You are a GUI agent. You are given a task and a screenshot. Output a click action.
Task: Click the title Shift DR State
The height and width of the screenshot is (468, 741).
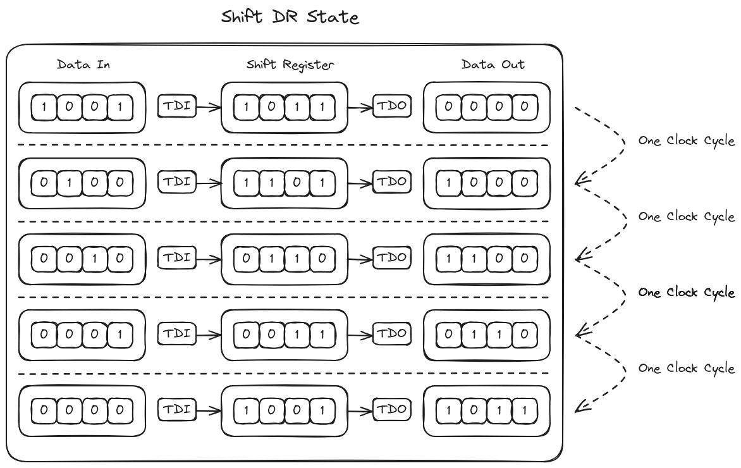[x=290, y=16]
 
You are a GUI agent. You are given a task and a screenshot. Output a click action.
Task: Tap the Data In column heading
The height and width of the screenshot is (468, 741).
[x=83, y=65]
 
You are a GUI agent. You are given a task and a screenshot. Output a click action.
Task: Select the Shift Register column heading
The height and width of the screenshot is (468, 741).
[x=290, y=65]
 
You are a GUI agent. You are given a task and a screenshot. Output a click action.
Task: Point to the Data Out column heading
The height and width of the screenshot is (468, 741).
[x=493, y=65]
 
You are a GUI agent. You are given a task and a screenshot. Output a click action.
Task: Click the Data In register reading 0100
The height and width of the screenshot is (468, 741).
[x=82, y=183]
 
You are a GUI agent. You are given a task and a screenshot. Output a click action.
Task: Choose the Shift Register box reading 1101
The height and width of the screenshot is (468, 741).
[x=285, y=183]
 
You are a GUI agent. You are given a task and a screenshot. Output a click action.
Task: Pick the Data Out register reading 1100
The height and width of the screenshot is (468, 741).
[x=487, y=259]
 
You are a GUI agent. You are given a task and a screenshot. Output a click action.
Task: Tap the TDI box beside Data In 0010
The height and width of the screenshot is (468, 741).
[x=177, y=258]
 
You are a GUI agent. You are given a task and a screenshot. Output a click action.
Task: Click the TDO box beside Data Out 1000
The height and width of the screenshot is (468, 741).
[x=392, y=182]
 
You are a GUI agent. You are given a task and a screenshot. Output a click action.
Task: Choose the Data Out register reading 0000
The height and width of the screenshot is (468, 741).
[x=487, y=108]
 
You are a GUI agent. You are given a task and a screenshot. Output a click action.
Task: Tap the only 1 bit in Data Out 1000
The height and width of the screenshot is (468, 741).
[x=449, y=183]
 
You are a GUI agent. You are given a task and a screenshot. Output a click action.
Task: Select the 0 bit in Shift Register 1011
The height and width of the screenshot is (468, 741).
[x=272, y=108]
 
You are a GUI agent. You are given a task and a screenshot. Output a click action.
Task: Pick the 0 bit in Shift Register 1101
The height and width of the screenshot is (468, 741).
[x=297, y=183]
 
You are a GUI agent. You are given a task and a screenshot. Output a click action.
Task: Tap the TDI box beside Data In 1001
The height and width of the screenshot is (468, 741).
[x=177, y=106]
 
